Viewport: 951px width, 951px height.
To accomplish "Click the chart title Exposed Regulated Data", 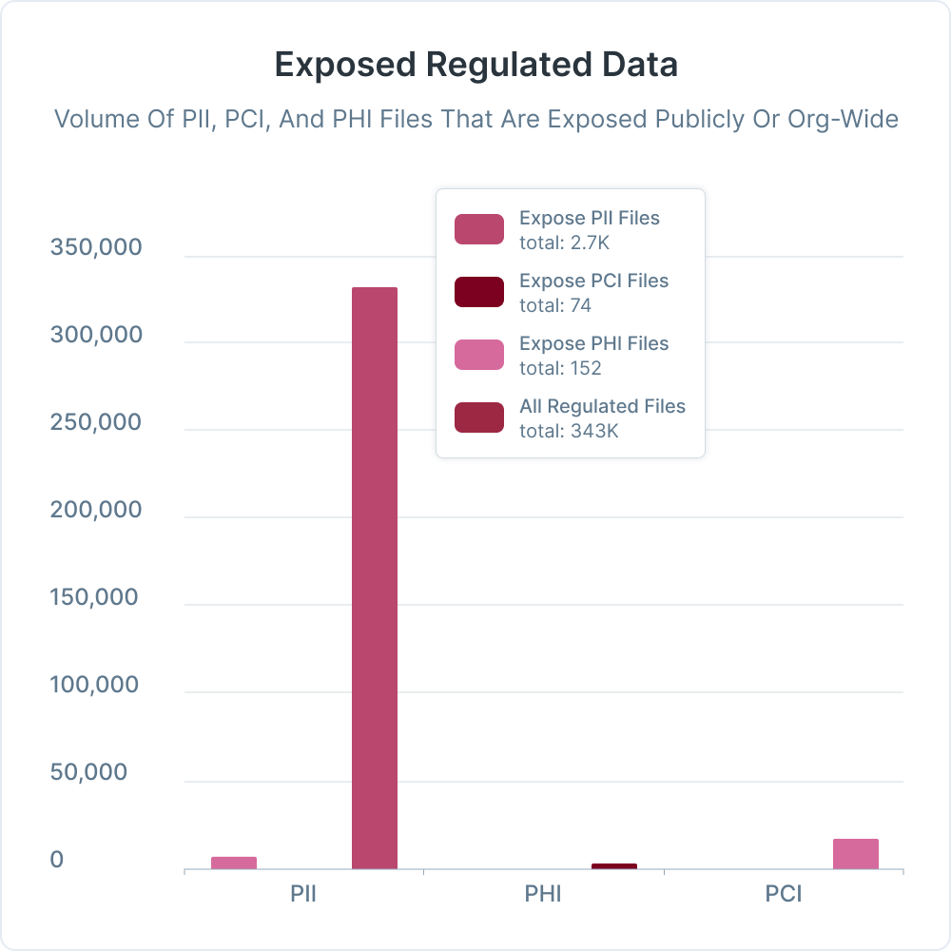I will pyautogui.click(x=475, y=65).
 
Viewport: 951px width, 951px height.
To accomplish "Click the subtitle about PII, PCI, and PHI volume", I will pyautogui.click(x=475, y=120).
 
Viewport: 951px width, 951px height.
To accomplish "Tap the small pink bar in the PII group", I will pyautogui.click(x=234, y=863).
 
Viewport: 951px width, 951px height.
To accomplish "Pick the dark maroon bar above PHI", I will pyautogui.click(x=614, y=865).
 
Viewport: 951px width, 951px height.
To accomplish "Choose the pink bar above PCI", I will pyautogui.click(x=856, y=853).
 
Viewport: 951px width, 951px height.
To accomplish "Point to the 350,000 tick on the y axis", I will pyautogui.click(x=95, y=248).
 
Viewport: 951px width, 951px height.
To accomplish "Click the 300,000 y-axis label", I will pyautogui.click(x=95, y=336).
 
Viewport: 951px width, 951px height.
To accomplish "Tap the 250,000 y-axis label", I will pyautogui.click(x=95, y=423).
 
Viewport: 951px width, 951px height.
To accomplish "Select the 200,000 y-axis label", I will pyautogui.click(x=95, y=511).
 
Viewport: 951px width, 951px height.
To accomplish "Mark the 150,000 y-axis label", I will pyautogui.click(x=95, y=598).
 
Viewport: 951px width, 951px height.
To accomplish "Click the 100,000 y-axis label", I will pyautogui.click(x=95, y=686).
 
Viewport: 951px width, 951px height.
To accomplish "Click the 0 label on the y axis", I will pyautogui.click(x=57, y=861).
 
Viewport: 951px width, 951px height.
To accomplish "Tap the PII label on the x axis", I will pyautogui.click(x=303, y=895).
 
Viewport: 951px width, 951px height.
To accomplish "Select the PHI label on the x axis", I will pyautogui.click(x=543, y=895).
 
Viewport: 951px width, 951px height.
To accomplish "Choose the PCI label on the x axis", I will pyautogui.click(x=783, y=895).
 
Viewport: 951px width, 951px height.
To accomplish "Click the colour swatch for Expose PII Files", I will pyautogui.click(x=479, y=229).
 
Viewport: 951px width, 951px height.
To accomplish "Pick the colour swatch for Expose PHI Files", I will pyautogui.click(x=479, y=355).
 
